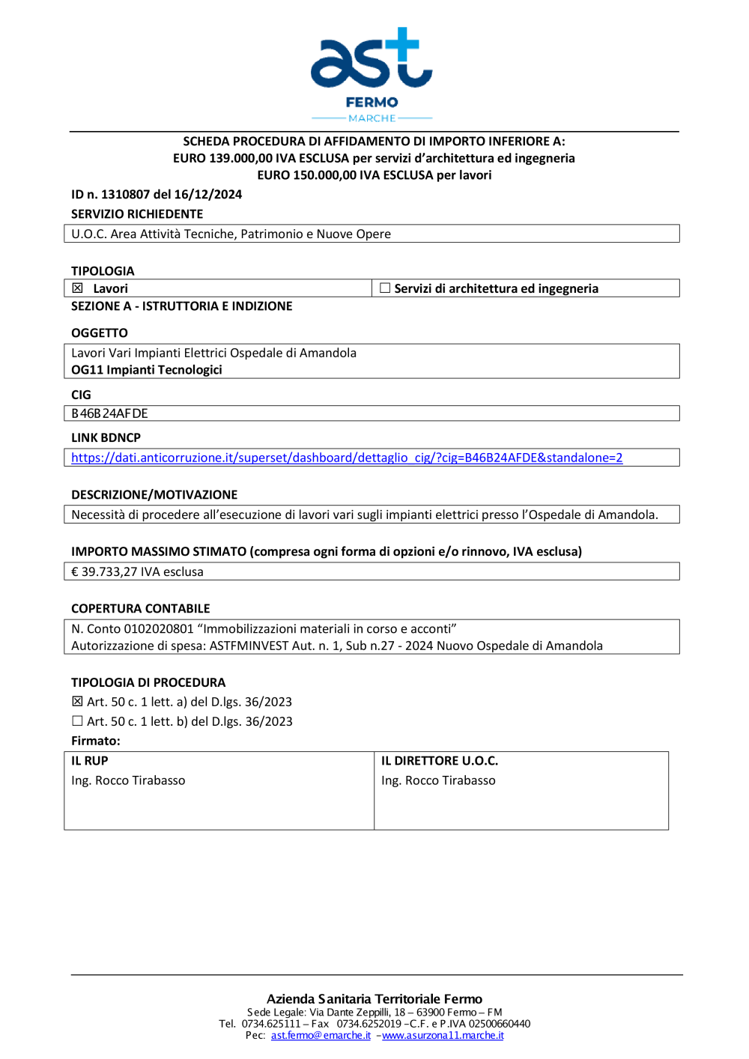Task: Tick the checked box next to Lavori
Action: pyautogui.click(x=78, y=288)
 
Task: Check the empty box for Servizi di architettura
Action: pyautogui.click(x=385, y=288)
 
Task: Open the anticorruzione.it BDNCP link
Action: pyautogui.click(x=347, y=458)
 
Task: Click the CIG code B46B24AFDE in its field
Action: pyautogui.click(x=109, y=413)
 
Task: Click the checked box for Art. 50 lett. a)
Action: pyautogui.click(x=77, y=702)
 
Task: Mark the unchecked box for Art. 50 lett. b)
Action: pyautogui.click(x=77, y=721)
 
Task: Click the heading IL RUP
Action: pyautogui.click(x=90, y=761)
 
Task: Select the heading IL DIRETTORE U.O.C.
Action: pyautogui.click(x=440, y=761)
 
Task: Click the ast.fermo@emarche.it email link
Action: pyautogui.click(x=321, y=1036)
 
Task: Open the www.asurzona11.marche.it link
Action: pyautogui.click(x=443, y=1036)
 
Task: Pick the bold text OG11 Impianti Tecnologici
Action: pyautogui.click(x=147, y=370)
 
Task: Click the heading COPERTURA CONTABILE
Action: pyautogui.click(x=141, y=609)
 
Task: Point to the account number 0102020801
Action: pyautogui.click(x=159, y=629)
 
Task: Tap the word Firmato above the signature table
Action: pyautogui.click(x=95, y=741)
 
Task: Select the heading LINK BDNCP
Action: pyautogui.click(x=106, y=438)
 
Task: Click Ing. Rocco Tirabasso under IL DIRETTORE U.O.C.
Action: pyautogui.click(x=438, y=780)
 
